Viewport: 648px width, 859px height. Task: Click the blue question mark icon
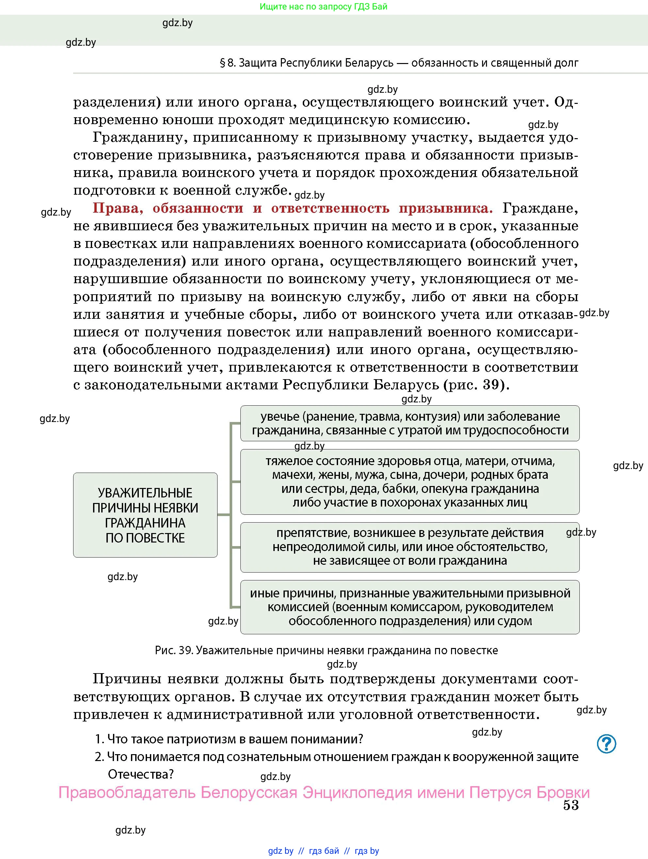[x=606, y=744]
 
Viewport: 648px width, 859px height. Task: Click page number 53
[x=571, y=805]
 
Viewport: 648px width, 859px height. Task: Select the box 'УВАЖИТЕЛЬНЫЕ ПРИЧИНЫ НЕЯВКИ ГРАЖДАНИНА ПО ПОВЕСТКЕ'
[x=145, y=515]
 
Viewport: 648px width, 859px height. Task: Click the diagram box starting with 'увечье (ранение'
[x=410, y=423]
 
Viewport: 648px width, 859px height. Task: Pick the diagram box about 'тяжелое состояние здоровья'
[x=410, y=481]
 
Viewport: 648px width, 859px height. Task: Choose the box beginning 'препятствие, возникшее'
[x=410, y=547]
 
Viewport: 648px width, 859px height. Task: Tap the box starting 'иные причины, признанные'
[x=410, y=607]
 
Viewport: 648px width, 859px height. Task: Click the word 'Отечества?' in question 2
[x=140, y=774]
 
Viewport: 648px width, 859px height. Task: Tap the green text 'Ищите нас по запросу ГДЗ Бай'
[x=323, y=7]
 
